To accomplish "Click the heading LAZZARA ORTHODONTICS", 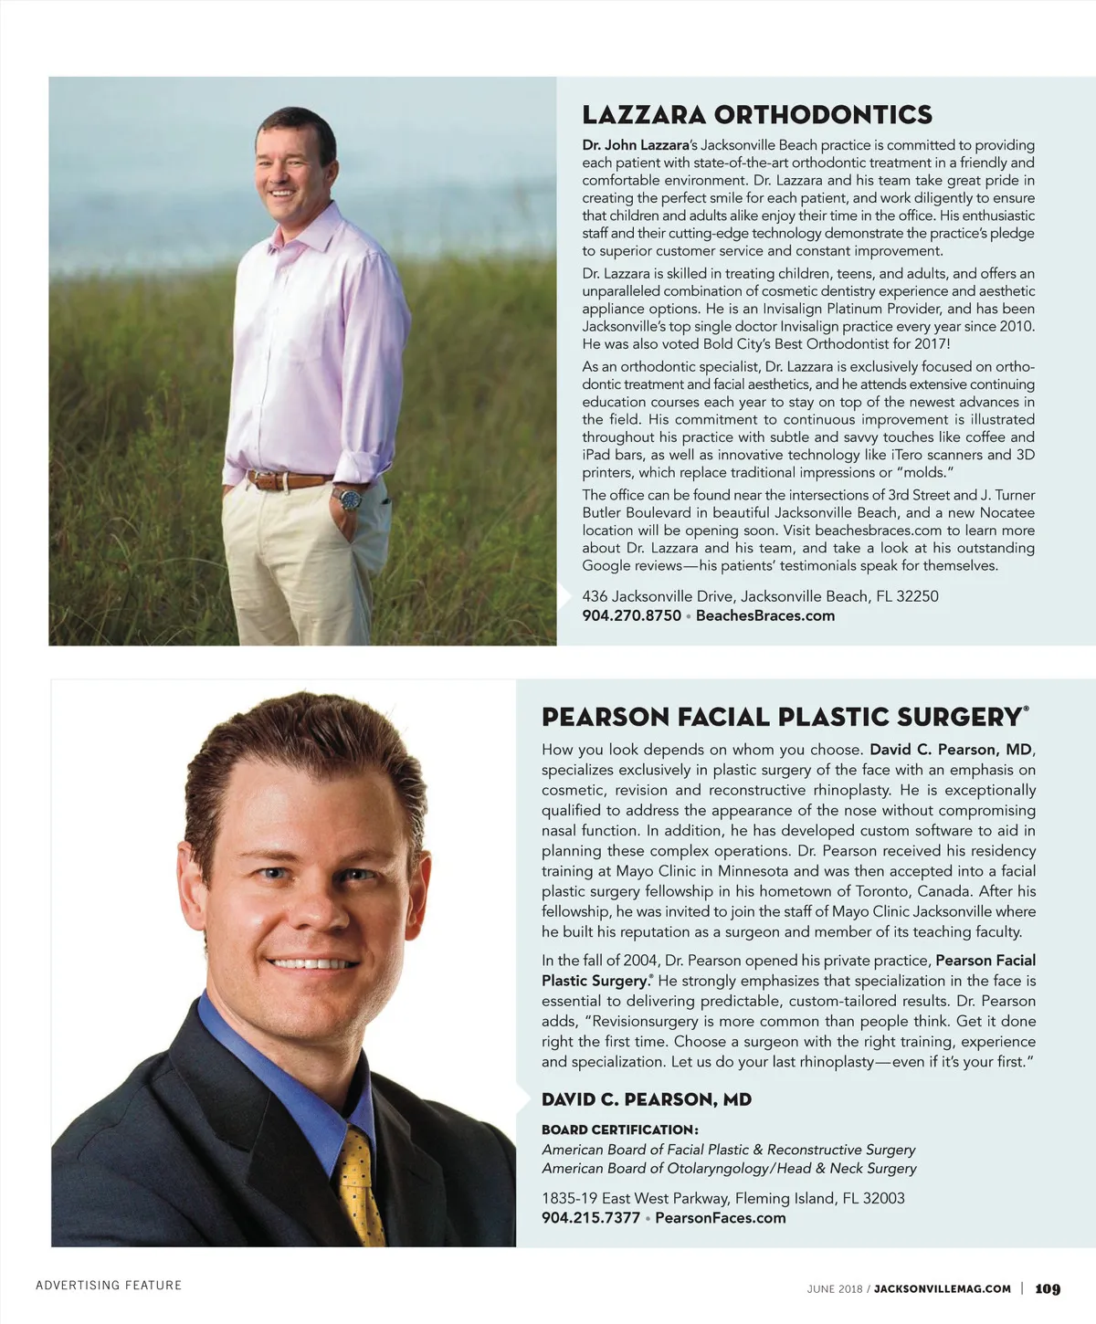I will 757,115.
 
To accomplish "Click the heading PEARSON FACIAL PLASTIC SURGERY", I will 781,717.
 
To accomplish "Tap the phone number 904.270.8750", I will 631,615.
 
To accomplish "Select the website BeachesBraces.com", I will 765,615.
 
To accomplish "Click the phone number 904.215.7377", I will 590,1217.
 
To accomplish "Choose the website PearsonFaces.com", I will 721,1217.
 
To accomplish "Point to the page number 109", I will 1048,1288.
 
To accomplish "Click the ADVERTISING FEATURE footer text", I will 109,1286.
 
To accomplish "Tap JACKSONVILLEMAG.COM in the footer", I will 943,1288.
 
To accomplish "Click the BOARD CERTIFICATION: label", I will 619,1130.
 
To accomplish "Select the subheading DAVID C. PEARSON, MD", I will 647,1099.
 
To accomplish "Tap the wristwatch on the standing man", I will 350,499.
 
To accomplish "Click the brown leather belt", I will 288,479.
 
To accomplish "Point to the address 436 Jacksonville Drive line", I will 760,596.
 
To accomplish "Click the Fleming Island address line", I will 722,1198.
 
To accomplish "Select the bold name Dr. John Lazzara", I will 634,145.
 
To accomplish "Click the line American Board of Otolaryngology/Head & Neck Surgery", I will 729,1168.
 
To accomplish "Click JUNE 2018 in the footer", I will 834,1288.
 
